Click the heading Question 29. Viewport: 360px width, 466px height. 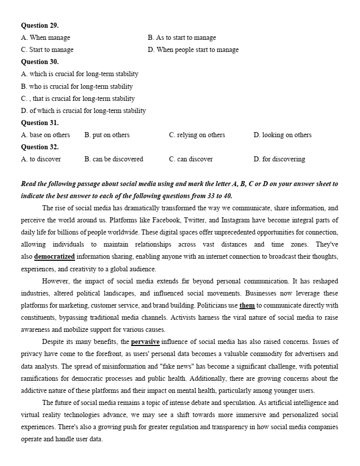(x=40, y=25)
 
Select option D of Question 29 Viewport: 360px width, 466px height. (x=193, y=49)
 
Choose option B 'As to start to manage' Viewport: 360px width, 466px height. (x=182, y=37)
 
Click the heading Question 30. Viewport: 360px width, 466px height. (x=40, y=62)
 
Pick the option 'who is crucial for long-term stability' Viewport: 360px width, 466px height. (x=77, y=86)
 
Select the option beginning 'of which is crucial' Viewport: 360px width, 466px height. (x=83, y=110)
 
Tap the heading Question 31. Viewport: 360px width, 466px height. (x=40, y=123)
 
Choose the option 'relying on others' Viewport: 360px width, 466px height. (x=197, y=135)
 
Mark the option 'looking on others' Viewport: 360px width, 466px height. (x=282, y=135)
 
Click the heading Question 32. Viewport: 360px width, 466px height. (x=40, y=147)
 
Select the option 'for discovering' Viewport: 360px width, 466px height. (x=279, y=159)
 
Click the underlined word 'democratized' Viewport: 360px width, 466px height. (x=54, y=257)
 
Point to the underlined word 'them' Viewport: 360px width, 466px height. (x=247, y=305)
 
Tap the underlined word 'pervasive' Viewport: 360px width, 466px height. (x=145, y=341)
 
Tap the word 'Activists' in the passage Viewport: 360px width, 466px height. (x=184, y=317)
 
